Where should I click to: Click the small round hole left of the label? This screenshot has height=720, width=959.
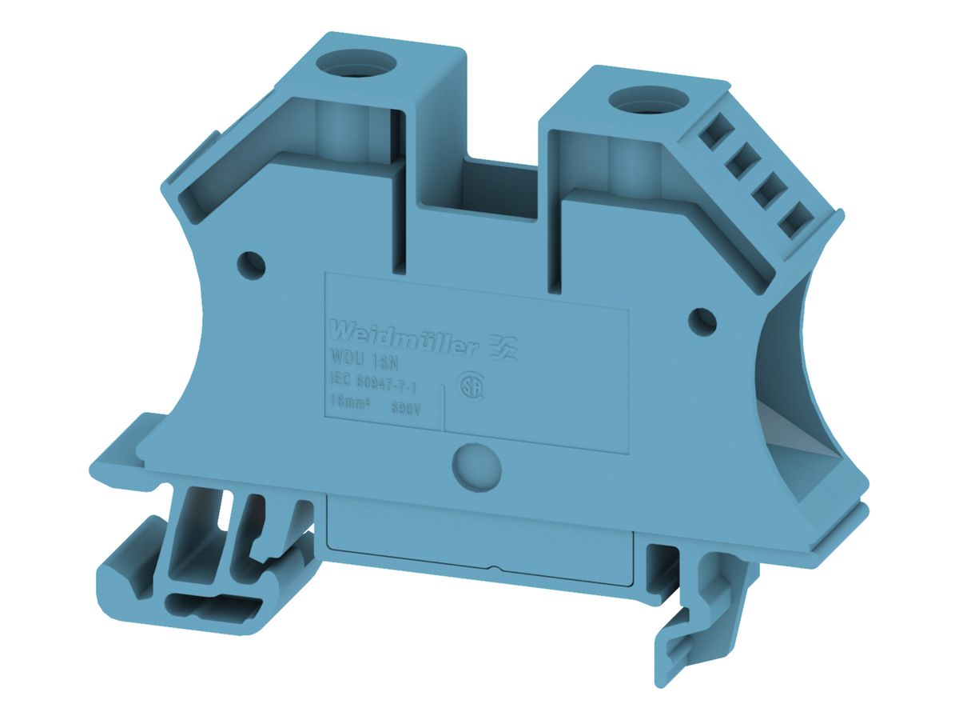[x=252, y=262]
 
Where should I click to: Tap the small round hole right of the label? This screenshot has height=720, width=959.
[x=702, y=320]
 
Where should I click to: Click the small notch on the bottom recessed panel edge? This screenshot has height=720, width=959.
[x=496, y=570]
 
